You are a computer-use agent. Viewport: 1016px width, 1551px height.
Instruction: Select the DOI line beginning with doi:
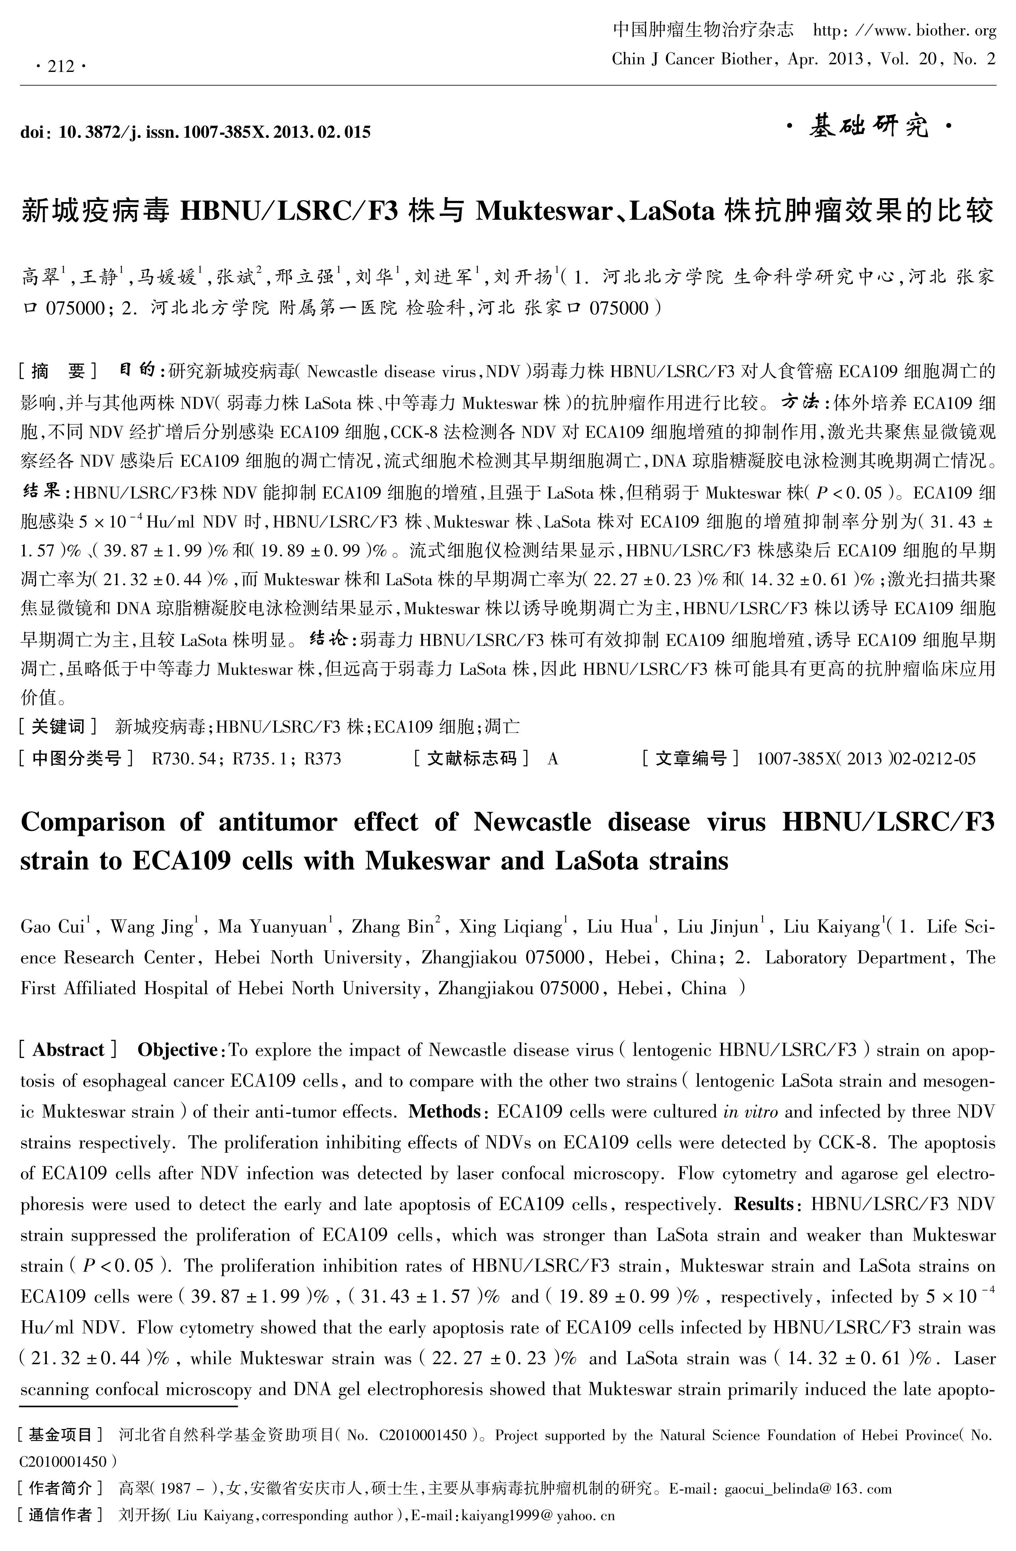coord(196,132)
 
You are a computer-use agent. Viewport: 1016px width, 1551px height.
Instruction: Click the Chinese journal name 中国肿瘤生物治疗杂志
coord(703,31)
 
